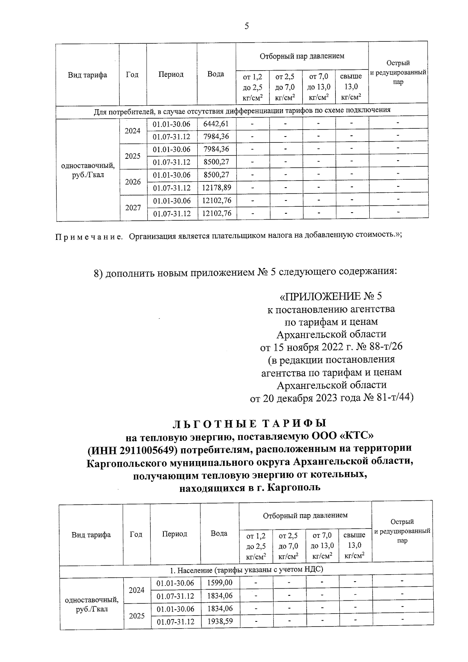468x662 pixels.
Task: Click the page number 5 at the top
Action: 246,27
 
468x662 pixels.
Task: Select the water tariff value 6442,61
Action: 216,124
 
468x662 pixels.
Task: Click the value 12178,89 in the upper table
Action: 216,188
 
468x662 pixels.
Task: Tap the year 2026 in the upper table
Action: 133,182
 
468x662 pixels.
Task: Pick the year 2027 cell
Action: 133,208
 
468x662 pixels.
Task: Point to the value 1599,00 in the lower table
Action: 220,583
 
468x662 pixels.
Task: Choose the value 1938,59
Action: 220,621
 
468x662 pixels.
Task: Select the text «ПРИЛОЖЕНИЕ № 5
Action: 331,296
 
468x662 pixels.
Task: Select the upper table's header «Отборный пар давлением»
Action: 302,56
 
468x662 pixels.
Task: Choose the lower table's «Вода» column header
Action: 219,533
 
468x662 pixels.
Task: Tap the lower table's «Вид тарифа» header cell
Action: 91,535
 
